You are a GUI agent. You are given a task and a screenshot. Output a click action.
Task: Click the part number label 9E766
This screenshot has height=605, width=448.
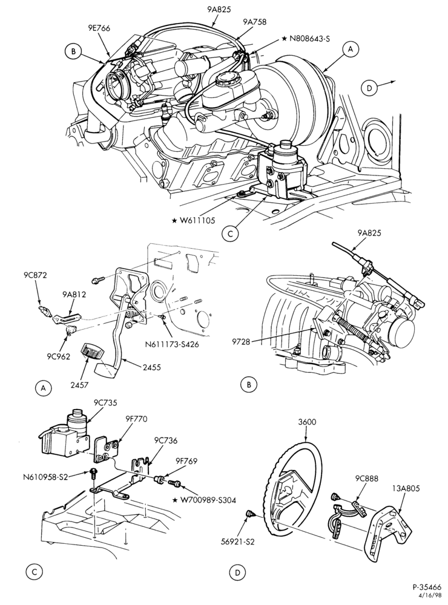(x=99, y=28)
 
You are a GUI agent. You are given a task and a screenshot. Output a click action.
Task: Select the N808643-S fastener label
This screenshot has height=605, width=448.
(x=307, y=38)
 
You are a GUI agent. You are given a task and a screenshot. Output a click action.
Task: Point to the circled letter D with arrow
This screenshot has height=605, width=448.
(x=369, y=88)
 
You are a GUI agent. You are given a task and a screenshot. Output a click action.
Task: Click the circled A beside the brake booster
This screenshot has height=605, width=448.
(x=351, y=49)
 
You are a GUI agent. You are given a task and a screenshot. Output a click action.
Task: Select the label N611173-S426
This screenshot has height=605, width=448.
(x=172, y=344)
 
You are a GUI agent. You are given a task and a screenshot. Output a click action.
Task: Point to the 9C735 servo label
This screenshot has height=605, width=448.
(x=105, y=402)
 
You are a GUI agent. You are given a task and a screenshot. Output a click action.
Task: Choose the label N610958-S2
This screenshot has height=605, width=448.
(x=45, y=477)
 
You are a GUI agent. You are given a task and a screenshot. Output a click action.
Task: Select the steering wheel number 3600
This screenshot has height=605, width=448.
(x=307, y=422)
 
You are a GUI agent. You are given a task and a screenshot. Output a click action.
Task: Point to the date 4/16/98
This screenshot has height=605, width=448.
(x=433, y=598)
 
